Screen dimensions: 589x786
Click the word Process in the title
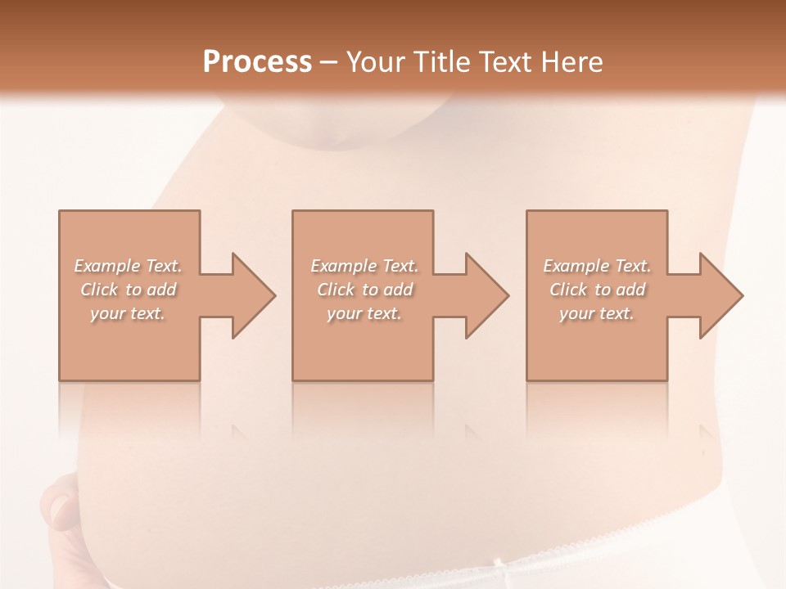pyautogui.click(x=257, y=62)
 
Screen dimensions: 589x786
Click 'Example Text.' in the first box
pyautogui.click(x=128, y=266)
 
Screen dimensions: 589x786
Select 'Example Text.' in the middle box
pyautogui.click(x=364, y=266)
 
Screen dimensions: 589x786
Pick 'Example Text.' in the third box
pyautogui.click(x=597, y=266)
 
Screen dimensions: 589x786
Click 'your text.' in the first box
pyautogui.click(x=128, y=313)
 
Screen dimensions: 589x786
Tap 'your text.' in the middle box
pyautogui.click(x=364, y=313)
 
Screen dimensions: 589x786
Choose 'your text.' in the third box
pyautogui.click(x=597, y=313)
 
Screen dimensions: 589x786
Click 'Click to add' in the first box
pyautogui.click(x=128, y=290)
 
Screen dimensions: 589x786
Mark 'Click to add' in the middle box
pyautogui.click(x=364, y=290)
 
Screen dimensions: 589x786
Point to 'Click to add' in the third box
pyautogui.click(x=597, y=290)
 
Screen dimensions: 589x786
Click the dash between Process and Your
pyautogui.click(x=329, y=63)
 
